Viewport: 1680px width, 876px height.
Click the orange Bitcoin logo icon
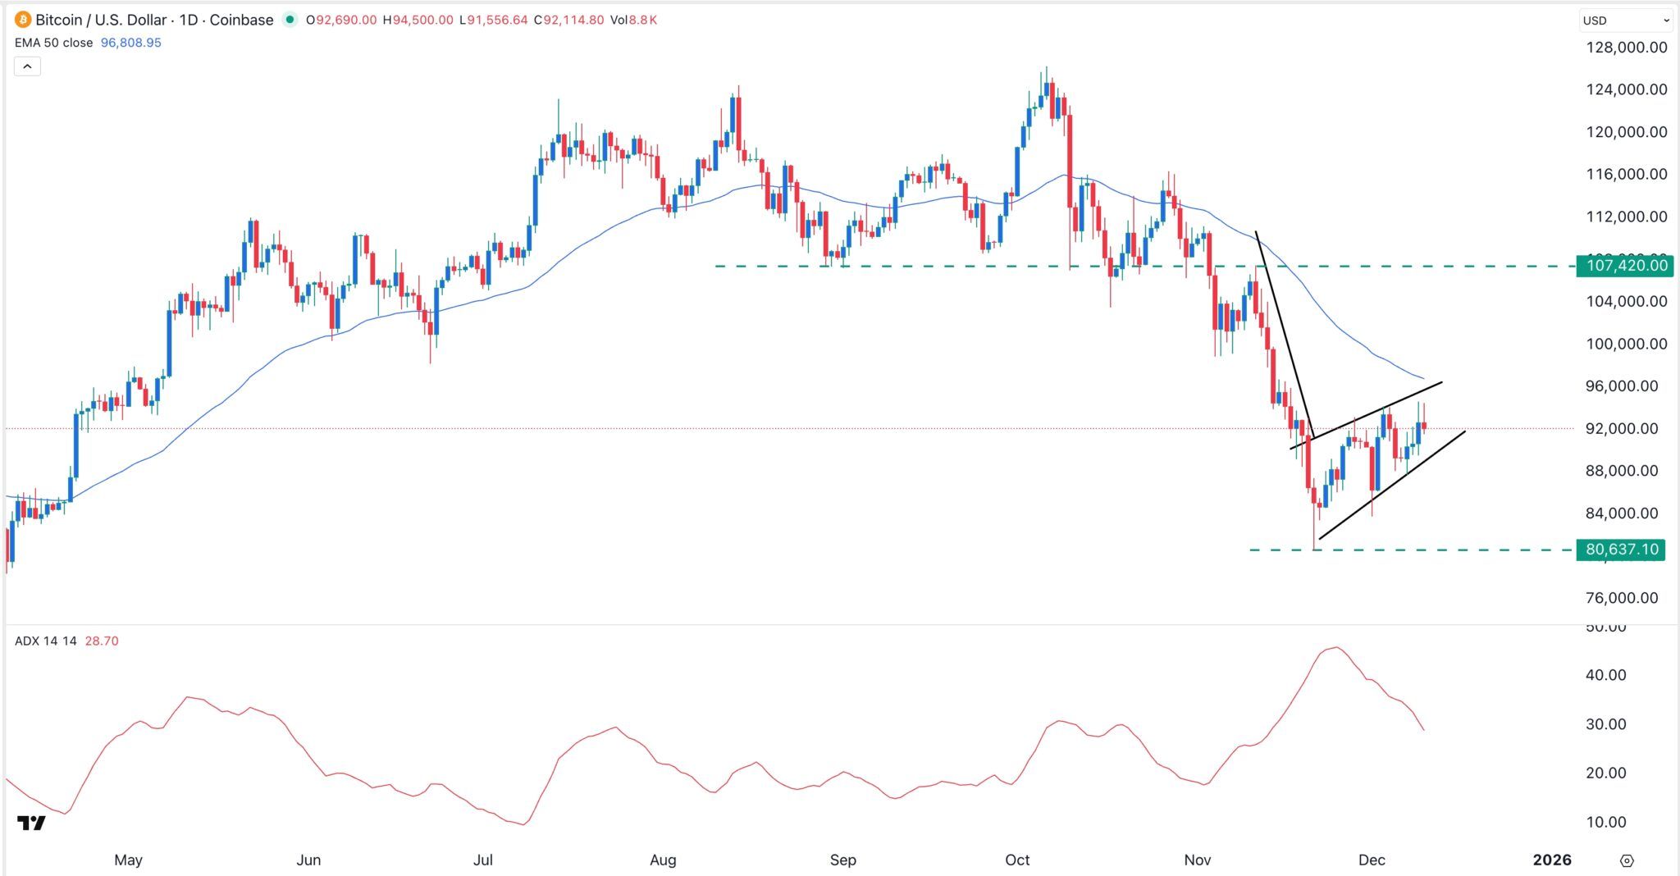pos(23,20)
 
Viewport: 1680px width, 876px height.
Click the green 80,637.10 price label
pos(1621,550)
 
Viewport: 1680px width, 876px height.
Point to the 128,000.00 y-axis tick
pos(1626,48)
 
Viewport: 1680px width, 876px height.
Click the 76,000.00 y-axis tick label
pos(1621,598)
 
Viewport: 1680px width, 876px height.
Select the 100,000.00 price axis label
pos(1626,344)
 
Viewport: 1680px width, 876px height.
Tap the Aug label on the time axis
pos(663,860)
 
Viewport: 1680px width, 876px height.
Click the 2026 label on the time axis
pos(1552,860)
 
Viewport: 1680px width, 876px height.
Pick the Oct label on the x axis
pos(1017,860)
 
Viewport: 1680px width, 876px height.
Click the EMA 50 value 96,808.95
pos(130,43)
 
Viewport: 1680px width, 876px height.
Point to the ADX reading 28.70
pos(102,641)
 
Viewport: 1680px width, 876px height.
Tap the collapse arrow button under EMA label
pos(27,66)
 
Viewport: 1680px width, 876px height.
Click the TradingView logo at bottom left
pos(31,823)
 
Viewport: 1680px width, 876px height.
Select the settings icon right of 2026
pos(1627,860)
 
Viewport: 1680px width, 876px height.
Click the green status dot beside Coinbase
pos(289,20)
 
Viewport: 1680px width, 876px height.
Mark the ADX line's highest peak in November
pos(1335,648)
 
